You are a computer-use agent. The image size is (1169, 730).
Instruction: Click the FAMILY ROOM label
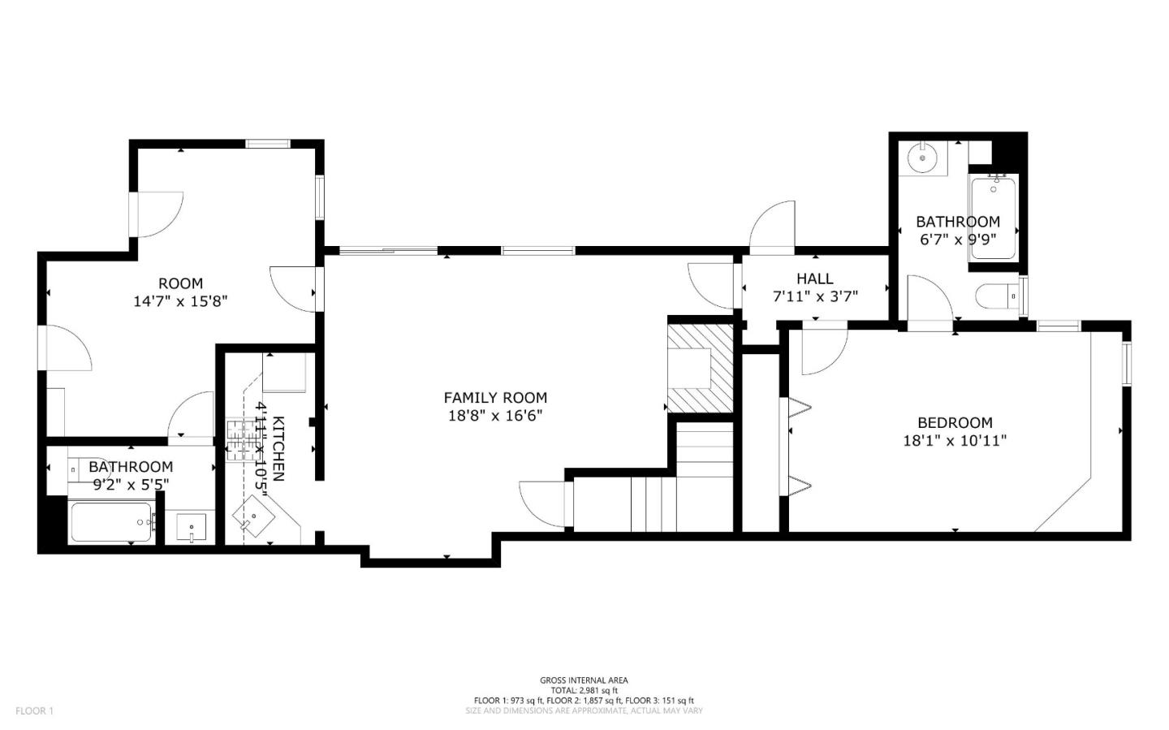coord(494,397)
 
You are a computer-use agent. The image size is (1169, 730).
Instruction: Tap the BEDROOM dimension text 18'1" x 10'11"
coord(955,441)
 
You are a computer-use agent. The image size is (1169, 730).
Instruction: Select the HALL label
coord(814,279)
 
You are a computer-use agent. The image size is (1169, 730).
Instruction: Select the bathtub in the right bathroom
coord(992,218)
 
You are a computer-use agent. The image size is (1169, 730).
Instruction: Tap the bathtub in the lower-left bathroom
coord(111,522)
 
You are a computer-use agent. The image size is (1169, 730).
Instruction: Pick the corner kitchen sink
coord(254,517)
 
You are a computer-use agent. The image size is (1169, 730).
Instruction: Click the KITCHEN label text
coord(278,448)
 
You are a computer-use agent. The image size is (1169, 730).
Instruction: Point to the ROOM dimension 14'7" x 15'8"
coord(180,301)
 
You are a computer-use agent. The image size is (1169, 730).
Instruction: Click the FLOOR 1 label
coord(34,711)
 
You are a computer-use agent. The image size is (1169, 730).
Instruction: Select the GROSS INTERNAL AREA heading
coord(584,680)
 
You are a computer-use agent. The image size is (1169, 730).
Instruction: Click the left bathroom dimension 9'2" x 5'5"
coord(131,484)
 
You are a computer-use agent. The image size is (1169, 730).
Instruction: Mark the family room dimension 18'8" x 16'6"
coord(494,416)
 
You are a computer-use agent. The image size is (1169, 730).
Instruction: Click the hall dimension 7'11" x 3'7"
coord(814,296)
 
